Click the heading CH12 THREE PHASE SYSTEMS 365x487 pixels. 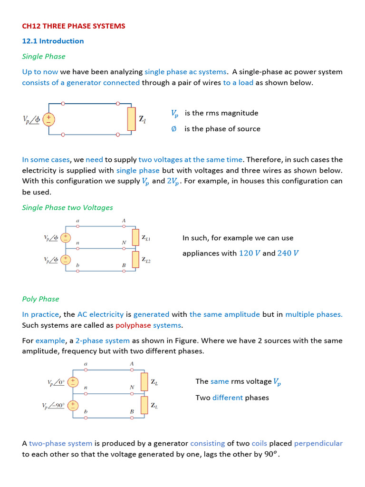tap(74, 26)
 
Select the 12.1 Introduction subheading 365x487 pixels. tap(53, 41)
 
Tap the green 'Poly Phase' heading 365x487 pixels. tap(41, 299)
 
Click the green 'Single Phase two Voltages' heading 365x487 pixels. tap(67, 207)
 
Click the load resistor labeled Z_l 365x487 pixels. tap(132, 119)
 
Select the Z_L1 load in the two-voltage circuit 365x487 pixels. tap(135, 237)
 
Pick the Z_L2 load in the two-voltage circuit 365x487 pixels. tap(135, 259)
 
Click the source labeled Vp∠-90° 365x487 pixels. tap(73, 405)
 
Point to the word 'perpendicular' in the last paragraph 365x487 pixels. tap(318, 443)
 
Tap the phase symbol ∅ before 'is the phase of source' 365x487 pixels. tap(174, 129)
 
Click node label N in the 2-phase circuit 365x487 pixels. tap(132, 388)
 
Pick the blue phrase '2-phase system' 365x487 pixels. tap(103, 341)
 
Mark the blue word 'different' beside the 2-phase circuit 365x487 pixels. tap(228, 398)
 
